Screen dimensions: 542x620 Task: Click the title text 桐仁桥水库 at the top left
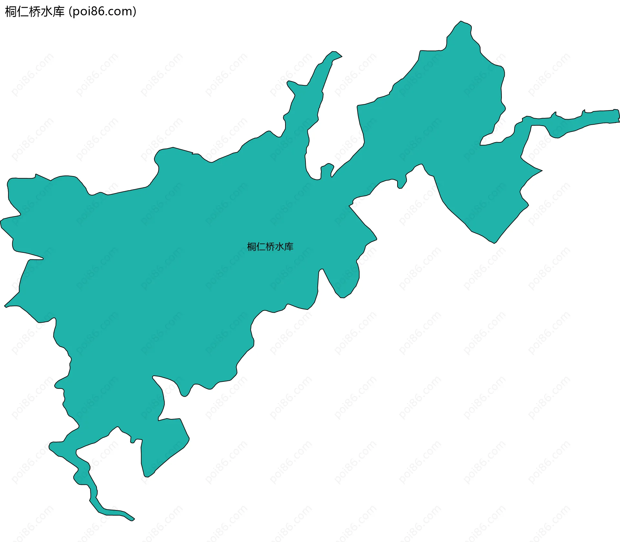click(x=35, y=12)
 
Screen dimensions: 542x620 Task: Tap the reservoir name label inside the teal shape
click(x=270, y=247)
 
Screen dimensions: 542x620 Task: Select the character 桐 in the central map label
click(x=252, y=247)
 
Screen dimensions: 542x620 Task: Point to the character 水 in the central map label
click(x=280, y=247)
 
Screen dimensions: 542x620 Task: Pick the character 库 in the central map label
click(x=289, y=247)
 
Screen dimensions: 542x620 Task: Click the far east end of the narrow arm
click(x=618, y=116)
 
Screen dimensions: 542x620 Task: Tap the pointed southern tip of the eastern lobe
click(x=494, y=243)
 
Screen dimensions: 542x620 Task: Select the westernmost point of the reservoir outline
click(x=1, y=221)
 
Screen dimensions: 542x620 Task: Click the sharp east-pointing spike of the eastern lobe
click(x=542, y=171)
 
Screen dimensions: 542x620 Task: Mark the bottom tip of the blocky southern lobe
click(x=146, y=476)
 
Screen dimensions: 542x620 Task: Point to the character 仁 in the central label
click(x=261, y=247)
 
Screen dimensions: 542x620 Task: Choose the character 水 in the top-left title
click(x=47, y=12)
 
